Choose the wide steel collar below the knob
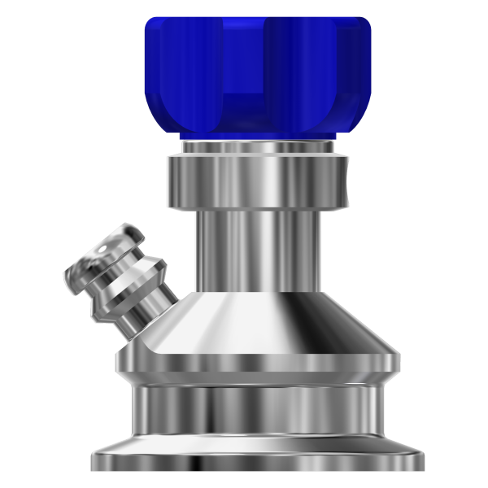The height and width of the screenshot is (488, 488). [255, 181]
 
